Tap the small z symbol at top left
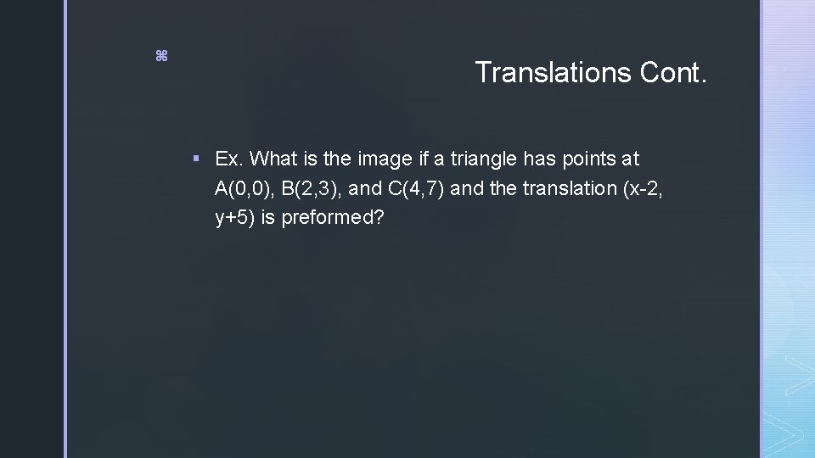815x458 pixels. click(161, 56)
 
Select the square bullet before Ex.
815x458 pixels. click(196, 159)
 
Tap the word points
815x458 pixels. click(585, 159)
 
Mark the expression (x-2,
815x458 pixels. click(638, 188)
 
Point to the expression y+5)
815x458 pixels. click(235, 218)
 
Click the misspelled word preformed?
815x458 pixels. click(333, 218)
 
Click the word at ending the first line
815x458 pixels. click(629, 159)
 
